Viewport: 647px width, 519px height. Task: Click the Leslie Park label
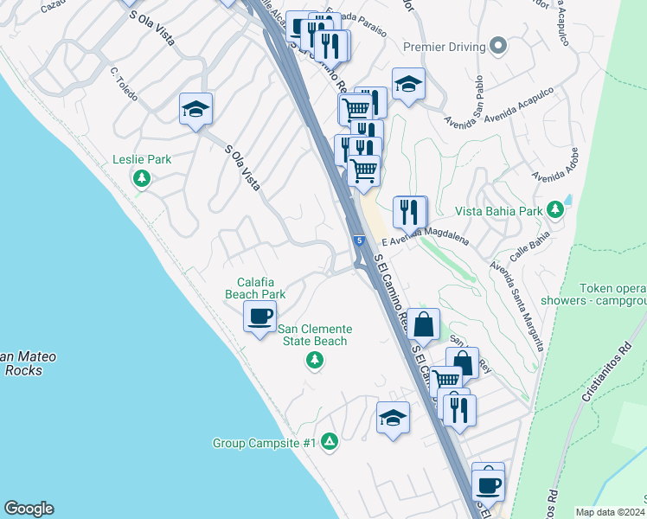[x=142, y=159]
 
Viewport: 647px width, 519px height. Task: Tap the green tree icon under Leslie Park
[x=142, y=179]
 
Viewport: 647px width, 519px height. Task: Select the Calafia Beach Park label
[x=255, y=288]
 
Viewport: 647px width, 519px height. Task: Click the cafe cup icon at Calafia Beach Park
[x=259, y=316]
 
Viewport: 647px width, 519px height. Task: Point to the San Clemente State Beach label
[x=316, y=335]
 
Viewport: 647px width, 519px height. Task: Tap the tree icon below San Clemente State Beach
[x=315, y=361]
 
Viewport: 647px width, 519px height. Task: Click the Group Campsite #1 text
[x=264, y=443]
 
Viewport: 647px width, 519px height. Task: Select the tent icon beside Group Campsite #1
[x=329, y=442]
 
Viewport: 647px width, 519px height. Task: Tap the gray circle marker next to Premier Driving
[x=497, y=46]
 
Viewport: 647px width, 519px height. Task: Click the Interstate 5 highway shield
[x=357, y=240]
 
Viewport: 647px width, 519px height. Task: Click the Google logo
[x=29, y=509]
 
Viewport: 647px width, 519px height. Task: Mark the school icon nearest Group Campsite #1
[x=393, y=419]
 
